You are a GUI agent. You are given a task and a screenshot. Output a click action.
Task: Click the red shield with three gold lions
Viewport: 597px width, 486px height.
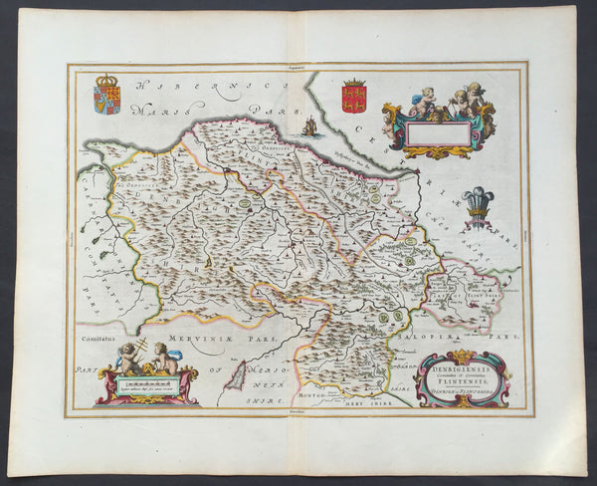(353, 97)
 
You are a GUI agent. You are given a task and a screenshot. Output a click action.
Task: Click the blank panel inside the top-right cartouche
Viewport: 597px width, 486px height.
(436, 132)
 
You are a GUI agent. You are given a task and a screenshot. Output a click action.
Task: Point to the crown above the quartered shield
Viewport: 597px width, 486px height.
(106, 80)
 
